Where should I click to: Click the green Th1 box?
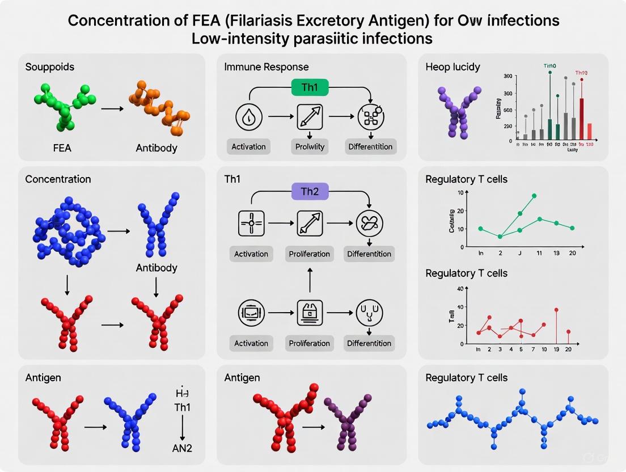tap(310, 87)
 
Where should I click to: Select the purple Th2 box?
tap(310, 192)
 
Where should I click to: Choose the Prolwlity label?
tap(310, 147)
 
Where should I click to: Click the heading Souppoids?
tap(49, 67)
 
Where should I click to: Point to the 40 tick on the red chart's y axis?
tap(459, 289)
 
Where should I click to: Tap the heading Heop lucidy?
tap(452, 67)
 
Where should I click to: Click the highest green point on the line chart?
tap(534, 196)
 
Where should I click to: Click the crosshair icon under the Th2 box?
tap(251, 224)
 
